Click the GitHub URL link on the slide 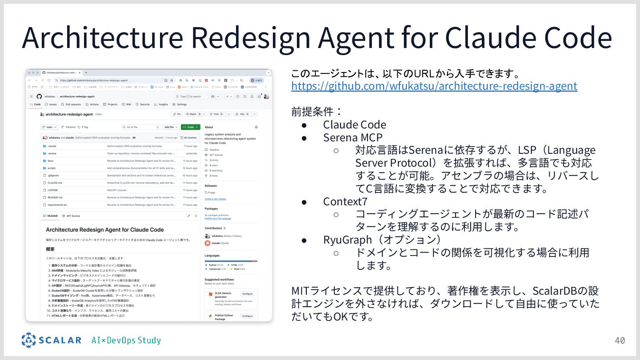(434, 86)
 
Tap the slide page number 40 (620, 340)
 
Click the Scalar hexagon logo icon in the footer (28, 340)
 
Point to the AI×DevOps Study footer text (126, 340)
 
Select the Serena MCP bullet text (352, 137)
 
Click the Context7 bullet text (345, 201)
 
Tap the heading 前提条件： (317, 112)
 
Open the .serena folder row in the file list (52, 153)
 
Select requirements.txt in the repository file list (57, 205)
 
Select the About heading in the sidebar (209, 127)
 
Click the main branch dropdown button (50, 127)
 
